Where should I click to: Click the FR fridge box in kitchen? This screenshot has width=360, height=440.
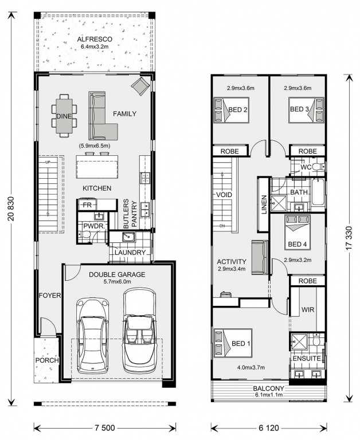point(87,205)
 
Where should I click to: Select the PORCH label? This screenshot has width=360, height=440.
point(48,361)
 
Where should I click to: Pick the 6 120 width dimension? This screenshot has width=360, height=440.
point(269,427)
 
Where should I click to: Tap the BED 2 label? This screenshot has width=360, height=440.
point(237,109)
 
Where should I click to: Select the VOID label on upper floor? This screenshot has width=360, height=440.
point(225,195)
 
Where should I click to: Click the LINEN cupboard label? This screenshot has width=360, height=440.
point(264,203)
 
